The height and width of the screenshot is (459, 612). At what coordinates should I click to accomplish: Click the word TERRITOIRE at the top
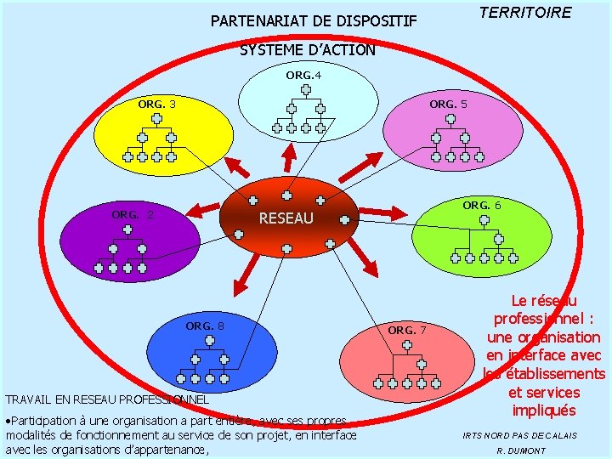(524, 13)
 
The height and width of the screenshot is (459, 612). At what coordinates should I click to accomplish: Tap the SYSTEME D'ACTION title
(307, 50)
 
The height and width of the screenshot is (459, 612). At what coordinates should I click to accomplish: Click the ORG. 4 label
(303, 76)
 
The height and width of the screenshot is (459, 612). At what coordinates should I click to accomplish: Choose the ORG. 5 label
(448, 104)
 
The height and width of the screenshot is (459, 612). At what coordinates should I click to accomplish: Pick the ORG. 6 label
(481, 205)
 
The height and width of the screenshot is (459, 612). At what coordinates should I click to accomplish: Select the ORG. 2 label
(133, 214)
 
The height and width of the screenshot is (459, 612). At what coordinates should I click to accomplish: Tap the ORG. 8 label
(205, 326)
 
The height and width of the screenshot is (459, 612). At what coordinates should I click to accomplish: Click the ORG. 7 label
(407, 330)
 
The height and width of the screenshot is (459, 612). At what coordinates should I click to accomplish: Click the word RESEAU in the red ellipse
(286, 218)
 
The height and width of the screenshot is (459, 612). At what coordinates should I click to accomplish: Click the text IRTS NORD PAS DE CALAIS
(519, 435)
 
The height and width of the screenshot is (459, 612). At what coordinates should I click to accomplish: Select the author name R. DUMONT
(520, 450)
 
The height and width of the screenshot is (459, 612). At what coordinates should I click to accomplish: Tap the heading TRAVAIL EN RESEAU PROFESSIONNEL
(107, 399)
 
